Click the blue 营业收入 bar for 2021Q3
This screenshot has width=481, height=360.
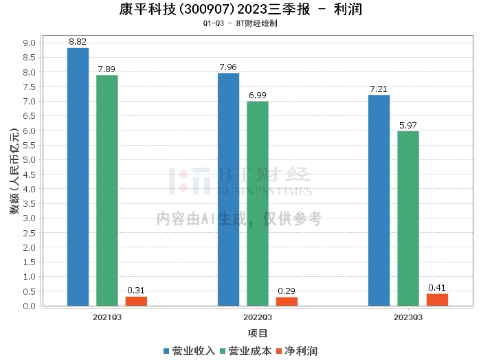78,177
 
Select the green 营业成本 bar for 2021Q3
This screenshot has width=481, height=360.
107,190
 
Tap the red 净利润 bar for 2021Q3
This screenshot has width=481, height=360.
136,301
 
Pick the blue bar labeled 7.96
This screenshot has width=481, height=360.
228,189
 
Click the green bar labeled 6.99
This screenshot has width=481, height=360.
258,203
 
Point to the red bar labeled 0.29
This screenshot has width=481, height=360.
287,302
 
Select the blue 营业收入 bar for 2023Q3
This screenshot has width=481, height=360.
379,200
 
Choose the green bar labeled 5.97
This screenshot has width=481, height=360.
408,218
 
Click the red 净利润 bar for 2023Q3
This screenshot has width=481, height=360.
437,300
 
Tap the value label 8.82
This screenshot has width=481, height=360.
78,43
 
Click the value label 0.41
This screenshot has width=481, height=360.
437,288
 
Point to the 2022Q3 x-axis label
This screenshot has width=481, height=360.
258,317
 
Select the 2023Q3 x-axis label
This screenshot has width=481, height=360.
408,317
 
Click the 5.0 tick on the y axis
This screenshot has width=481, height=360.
30,160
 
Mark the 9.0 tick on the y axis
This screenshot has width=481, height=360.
30,43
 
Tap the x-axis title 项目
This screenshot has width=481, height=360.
258,333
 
